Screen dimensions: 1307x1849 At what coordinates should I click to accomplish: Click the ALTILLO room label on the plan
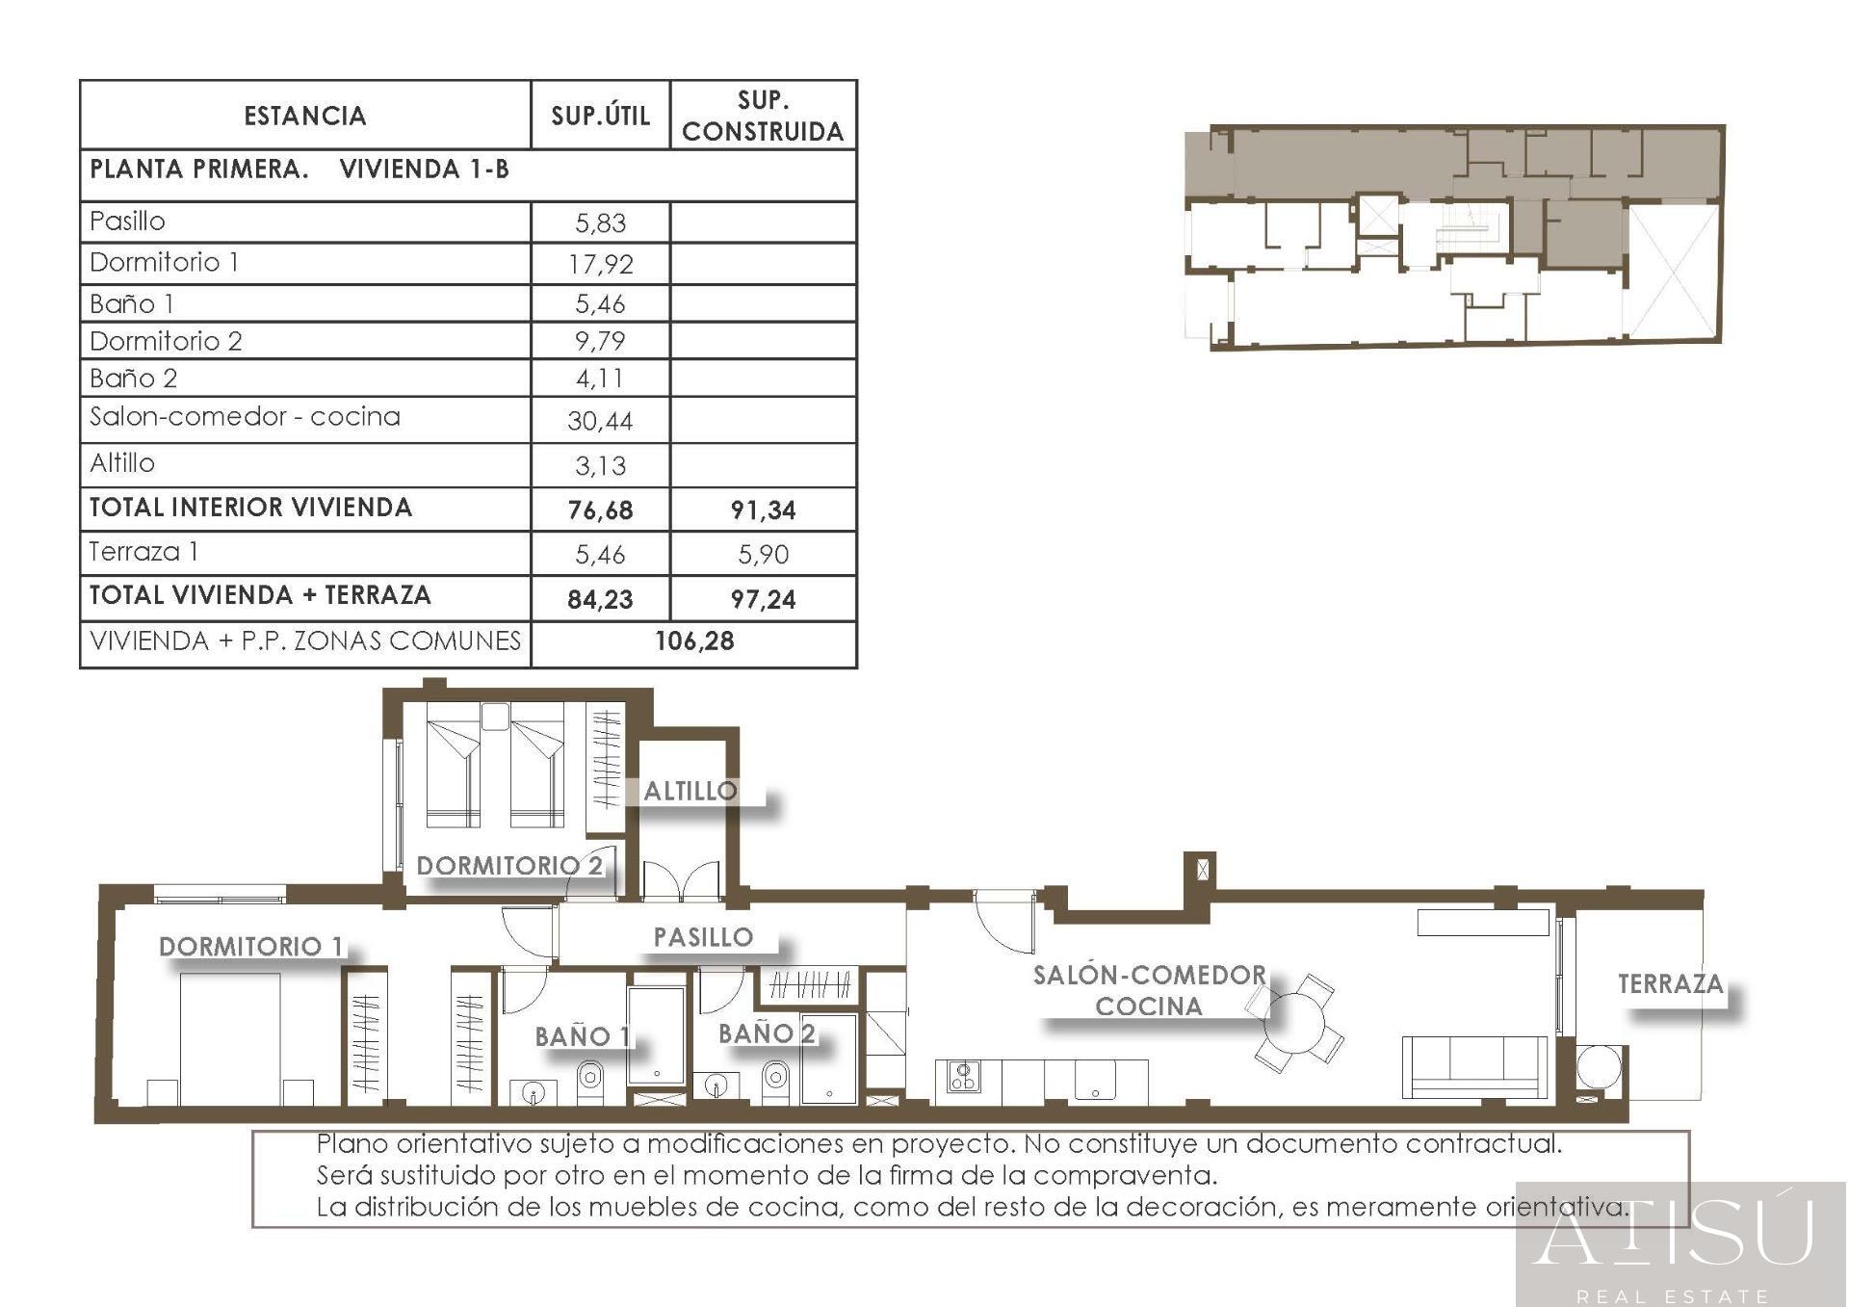(x=690, y=792)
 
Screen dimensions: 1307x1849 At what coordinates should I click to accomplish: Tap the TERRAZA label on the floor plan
(x=1670, y=984)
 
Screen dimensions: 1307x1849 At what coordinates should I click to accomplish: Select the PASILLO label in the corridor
(x=703, y=937)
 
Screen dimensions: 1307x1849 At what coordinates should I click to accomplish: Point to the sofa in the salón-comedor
(x=1474, y=1067)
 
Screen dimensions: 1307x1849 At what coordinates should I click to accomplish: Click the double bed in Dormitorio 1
(x=230, y=1038)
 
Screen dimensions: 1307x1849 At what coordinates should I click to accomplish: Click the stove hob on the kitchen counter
(x=964, y=1076)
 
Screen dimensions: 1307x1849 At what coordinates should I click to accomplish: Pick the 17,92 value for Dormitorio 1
(x=600, y=264)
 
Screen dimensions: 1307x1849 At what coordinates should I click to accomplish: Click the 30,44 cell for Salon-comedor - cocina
(x=600, y=421)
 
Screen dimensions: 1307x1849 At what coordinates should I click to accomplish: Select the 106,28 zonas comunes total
(x=694, y=641)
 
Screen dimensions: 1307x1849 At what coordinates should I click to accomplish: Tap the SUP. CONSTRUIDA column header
(x=763, y=116)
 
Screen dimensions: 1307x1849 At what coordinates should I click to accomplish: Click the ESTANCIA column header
(x=305, y=117)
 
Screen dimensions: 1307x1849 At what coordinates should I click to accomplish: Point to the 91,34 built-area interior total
(x=763, y=510)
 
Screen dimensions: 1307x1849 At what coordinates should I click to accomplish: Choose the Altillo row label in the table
(x=122, y=464)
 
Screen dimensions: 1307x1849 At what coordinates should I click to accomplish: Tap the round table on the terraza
(x=1600, y=1067)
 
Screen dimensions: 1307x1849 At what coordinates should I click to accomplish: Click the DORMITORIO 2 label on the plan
(x=509, y=866)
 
